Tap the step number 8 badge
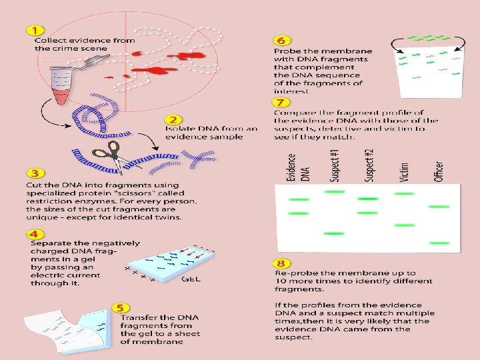tap(283, 264)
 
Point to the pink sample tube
tap(61, 88)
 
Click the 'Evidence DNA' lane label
tap(297, 167)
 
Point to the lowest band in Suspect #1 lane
tap(333, 234)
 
